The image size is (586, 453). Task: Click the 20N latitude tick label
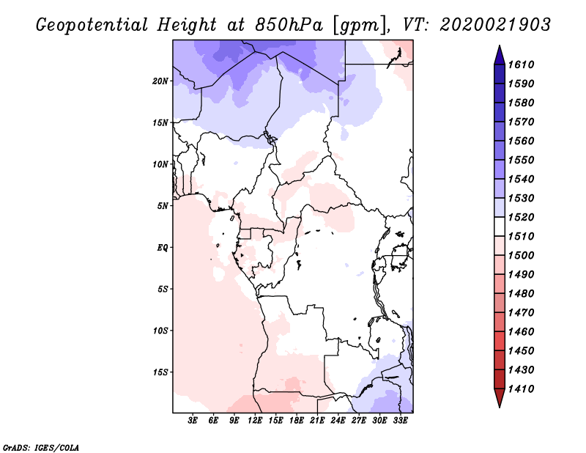tap(160, 81)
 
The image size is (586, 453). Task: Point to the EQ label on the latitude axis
tap(162, 248)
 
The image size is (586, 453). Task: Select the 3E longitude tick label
tap(193, 420)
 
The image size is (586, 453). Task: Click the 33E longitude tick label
tap(400, 420)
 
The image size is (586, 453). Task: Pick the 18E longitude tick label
tap(297, 420)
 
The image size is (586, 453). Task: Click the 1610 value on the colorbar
tap(521, 65)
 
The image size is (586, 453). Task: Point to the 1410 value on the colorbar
tap(521, 389)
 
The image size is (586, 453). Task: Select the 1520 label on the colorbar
tap(521, 217)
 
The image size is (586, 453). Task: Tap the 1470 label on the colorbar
tap(521, 313)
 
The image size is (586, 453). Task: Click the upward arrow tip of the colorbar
tap(500, 45)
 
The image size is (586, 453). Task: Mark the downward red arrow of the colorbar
tap(500, 397)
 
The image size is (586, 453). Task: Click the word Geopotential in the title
tap(92, 25)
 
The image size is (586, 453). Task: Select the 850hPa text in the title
tap(289, 25)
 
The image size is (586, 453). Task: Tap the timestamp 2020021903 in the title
tap(495, 25)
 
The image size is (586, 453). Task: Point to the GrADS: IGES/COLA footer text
tap(41, 448)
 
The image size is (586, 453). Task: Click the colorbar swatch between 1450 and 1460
tap(500, 341)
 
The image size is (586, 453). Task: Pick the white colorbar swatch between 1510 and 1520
tap(500, 226)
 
